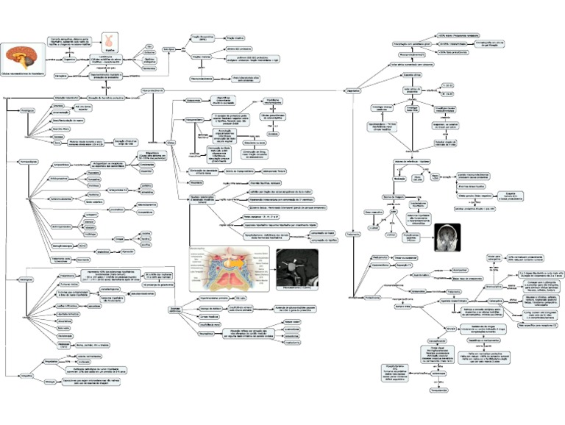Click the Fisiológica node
pyautogui.click(x=27, y=110)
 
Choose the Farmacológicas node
pyautogui.click(x=29, y=160)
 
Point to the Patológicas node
pyautogui.click(x=27, y=280)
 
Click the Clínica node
pyautogui.click(x=171, y=143)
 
